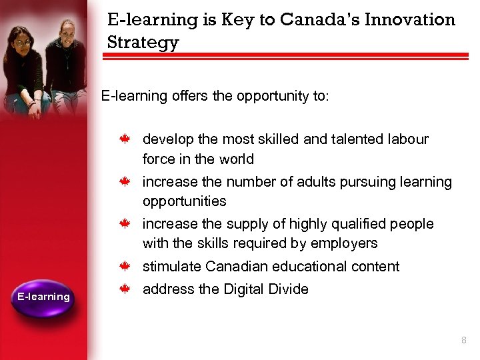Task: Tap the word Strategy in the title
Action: click(x=143, y=43)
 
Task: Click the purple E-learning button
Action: click(x=43, y=297)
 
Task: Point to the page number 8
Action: click(x=463, y=341)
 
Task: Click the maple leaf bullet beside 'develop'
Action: click(x=124, y=139)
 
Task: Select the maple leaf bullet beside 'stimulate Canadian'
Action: click(x=124, y=267)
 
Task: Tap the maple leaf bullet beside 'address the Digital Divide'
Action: click(x=124, y=289)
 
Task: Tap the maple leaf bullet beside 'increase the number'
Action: click(x=124, y=182)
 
